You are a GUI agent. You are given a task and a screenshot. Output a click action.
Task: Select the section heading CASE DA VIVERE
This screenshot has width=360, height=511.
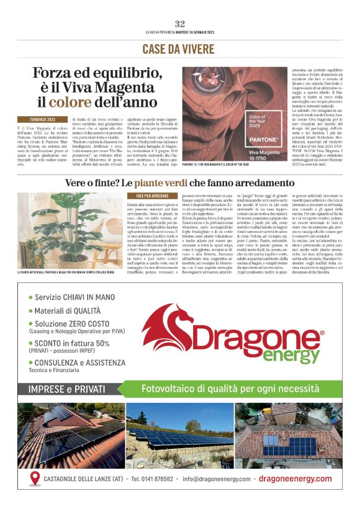[179, 48]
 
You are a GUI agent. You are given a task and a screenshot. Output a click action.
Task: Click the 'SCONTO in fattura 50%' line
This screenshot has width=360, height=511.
[73, 343]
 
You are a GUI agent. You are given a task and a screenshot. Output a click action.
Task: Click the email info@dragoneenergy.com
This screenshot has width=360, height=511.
[217, 479]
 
